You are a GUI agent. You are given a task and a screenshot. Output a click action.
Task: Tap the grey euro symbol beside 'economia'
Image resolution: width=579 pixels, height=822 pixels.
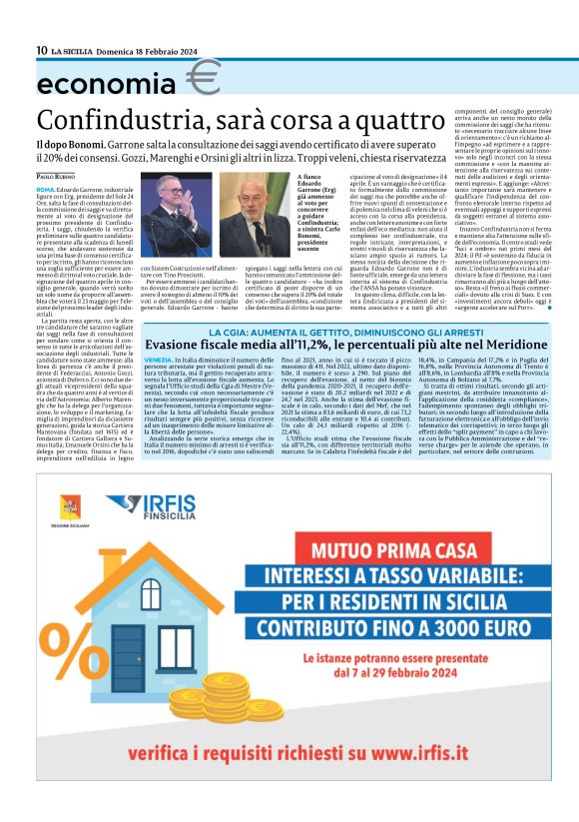pos(203,77)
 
